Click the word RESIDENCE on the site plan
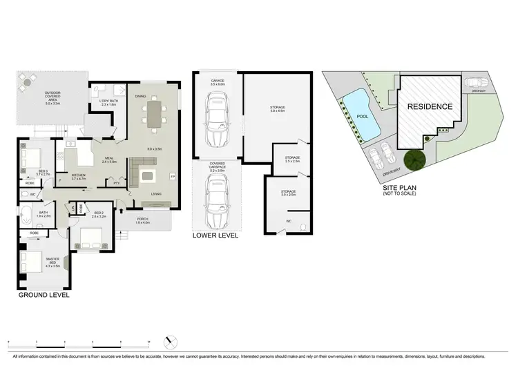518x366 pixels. click(x=429, y=106)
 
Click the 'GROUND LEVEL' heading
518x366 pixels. click(x=44, y=296)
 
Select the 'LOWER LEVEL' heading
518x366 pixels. click(x=215, y=235)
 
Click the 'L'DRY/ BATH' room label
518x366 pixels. click(x=109, y=102)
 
